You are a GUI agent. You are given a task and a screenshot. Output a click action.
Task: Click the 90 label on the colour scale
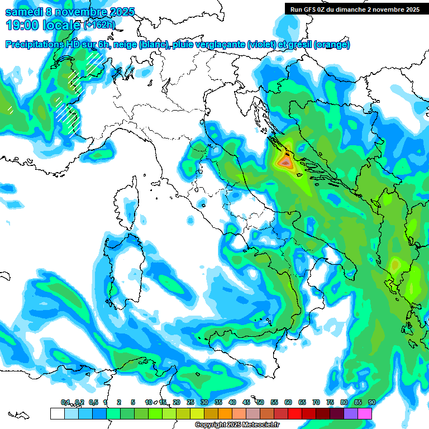371,402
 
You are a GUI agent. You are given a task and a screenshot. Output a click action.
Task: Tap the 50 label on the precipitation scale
260,402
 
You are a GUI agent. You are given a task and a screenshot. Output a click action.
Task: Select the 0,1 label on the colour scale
65,402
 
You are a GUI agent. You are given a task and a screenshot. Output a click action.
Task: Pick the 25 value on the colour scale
190,402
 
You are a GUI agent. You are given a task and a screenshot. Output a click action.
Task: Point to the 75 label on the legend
330,402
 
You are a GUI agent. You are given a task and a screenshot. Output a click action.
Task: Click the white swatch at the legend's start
57,413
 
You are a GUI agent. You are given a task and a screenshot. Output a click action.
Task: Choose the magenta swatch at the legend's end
365,413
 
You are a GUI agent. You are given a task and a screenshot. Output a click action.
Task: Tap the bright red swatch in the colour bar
295,413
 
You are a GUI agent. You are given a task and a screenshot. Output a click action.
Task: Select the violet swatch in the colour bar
351,413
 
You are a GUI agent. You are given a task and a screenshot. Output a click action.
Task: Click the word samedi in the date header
25,12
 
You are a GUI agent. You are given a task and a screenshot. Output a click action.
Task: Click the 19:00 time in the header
22,25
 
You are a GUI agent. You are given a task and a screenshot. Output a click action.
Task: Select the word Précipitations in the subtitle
34,45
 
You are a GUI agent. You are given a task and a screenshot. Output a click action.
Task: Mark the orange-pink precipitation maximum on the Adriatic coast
285,163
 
